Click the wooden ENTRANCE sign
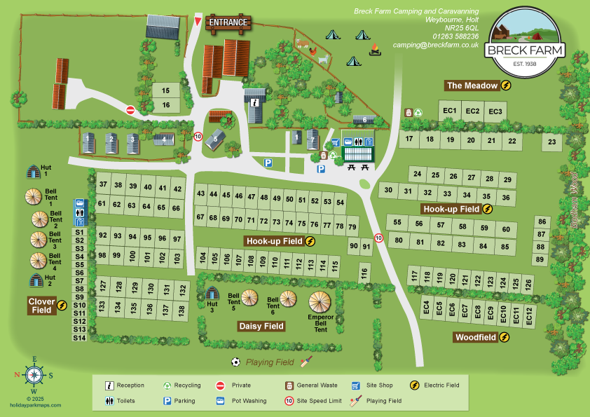(228, 22)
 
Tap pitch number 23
(552, 143)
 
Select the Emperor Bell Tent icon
(320, 303)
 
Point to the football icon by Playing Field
(236, 362)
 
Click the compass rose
(34, 375)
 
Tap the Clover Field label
(42, 306)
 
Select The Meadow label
(472, 86)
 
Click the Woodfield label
(476, 337)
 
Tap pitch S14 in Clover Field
(79, 338)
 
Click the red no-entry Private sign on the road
(130, 110)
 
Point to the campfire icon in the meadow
(375, 50)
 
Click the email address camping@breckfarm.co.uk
(436, 45)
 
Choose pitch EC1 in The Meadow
(450, 111)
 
